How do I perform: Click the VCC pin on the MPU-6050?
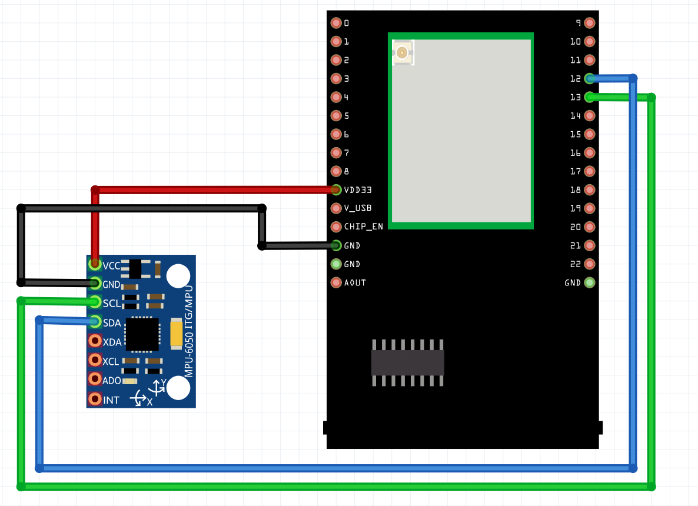click(95, 264)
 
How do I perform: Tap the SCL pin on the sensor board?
click(95, 302)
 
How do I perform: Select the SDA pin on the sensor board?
click(95, 321)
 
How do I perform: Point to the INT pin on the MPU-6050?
click(95, 399)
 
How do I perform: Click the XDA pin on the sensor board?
click(95, 341)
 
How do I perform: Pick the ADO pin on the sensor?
click(95, 379)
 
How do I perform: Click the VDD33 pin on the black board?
click(336, 189)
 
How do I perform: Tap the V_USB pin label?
click(358, 208)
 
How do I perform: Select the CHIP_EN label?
click(363, 227)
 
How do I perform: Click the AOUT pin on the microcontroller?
click(336, 282)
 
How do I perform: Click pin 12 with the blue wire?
click(590, 78)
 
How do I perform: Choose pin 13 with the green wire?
click(590, 97)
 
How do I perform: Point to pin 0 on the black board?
click(336, 23)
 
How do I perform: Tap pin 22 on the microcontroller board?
click(590, 264)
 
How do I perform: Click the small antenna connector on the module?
click(403, 53)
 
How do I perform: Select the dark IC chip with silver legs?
click(407, 362)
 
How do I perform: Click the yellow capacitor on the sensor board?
click(176, 333)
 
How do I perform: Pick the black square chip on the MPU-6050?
click(142, 334)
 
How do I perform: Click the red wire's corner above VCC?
click(95, 189)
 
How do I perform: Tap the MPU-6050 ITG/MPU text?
click(188, 335)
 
